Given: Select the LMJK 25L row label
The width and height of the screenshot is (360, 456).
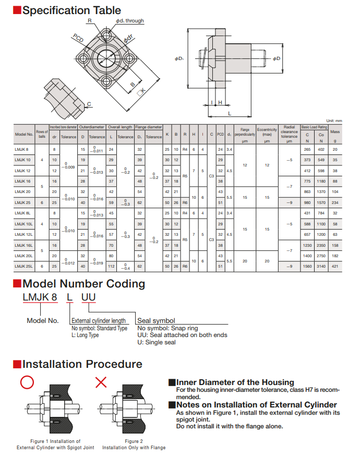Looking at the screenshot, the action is pos(25,267).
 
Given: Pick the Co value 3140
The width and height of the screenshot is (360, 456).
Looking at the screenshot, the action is pos(321,267).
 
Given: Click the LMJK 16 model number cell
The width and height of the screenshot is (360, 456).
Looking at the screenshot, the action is pos(23,181).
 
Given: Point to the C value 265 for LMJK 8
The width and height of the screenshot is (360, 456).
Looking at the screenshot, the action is pos(307,149).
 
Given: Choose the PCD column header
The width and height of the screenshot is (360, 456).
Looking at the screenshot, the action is pos(220,134).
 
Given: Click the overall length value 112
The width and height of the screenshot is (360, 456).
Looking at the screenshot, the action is pos(111,267).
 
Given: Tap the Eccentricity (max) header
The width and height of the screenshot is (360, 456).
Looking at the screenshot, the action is pos(267,131).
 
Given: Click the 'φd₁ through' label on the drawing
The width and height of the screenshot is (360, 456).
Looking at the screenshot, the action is pos(129,21).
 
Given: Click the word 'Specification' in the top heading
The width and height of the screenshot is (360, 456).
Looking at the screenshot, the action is pos(56,10).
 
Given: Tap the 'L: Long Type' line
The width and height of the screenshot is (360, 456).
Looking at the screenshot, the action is pos(85,335).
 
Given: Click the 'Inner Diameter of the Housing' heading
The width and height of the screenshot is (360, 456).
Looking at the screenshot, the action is pos(235,382).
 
